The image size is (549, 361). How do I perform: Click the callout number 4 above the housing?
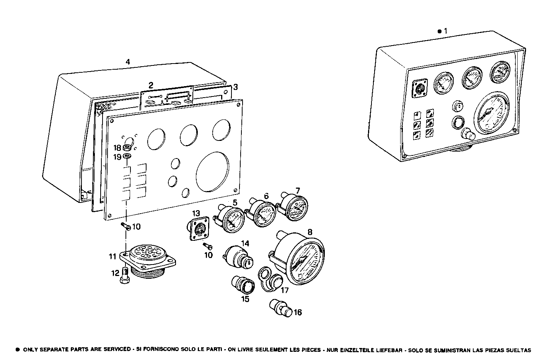click(128, 62)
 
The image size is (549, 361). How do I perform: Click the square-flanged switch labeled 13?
click(198, 230)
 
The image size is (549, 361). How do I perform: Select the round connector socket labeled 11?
click(147, 260)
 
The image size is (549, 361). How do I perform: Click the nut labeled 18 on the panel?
click(128, 148)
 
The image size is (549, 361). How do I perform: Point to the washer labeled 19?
click(128, 156)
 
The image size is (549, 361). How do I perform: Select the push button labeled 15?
click(243, 286)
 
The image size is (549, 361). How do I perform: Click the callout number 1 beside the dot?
click(445, 31)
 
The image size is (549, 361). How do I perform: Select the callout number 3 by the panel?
click(236, 87)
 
